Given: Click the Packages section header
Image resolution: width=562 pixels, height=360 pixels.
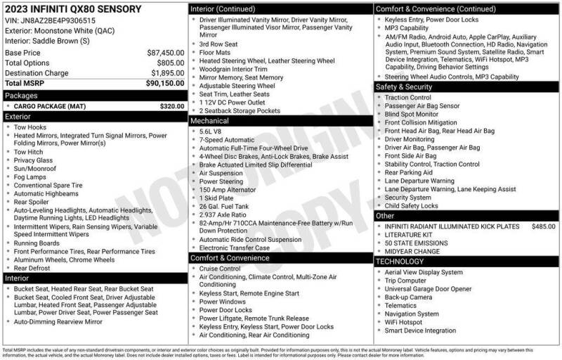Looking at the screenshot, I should [21, 94].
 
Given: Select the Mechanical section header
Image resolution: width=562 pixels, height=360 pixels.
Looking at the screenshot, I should [210, 121].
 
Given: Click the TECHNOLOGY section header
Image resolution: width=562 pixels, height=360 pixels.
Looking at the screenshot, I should [400, 261].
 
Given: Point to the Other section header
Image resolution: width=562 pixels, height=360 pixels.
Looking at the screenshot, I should [386, 216].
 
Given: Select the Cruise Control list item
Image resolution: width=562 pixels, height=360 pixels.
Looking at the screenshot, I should [220, 268].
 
